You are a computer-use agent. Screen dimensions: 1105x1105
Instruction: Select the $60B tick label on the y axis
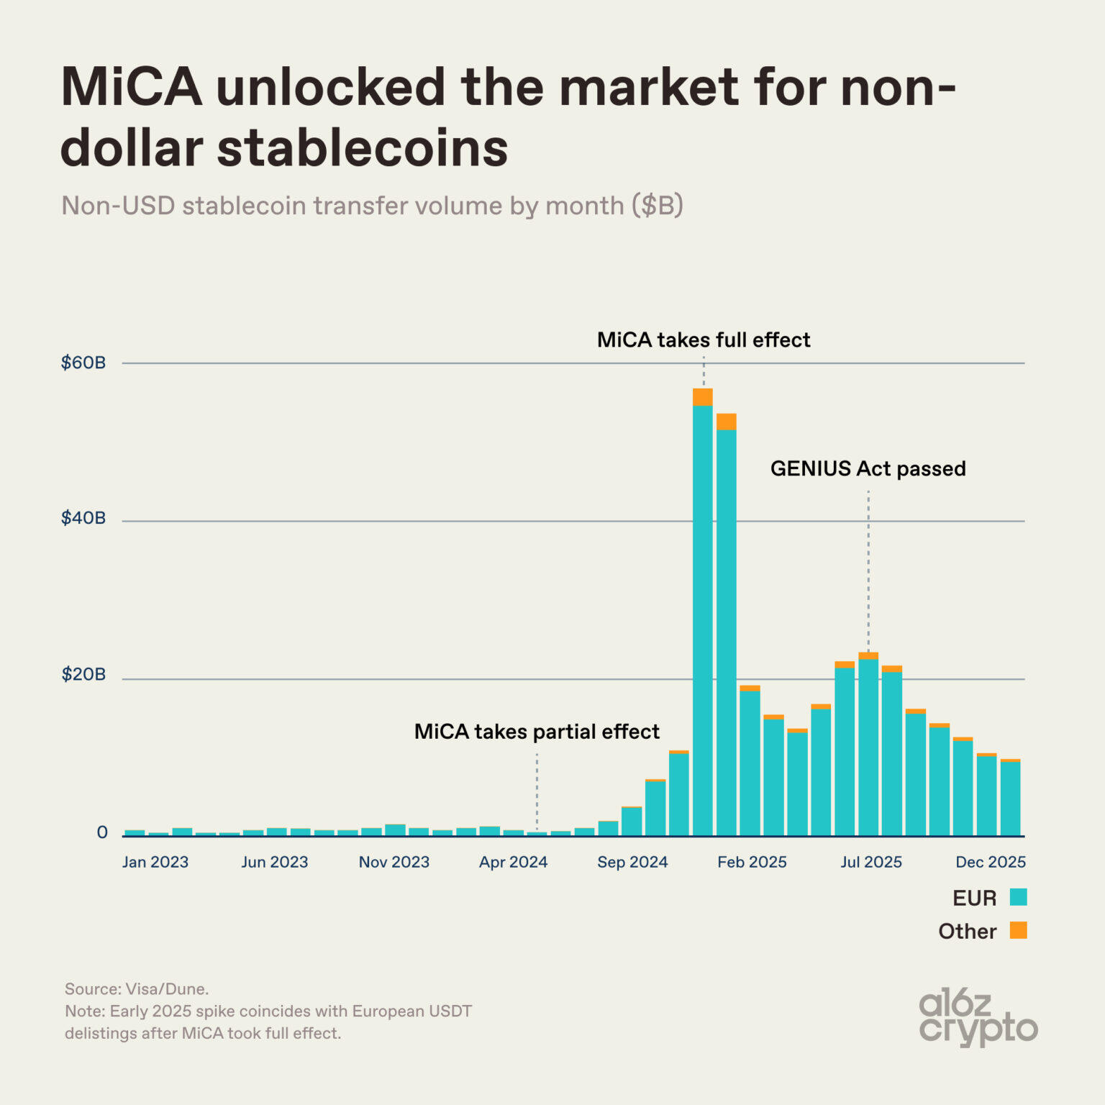click(83, 363)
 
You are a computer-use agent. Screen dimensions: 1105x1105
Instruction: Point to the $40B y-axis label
click(83, 518)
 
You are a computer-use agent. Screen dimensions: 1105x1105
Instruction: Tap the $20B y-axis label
click(83, 675)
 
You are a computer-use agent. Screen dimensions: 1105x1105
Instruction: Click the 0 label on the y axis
click(102, 832)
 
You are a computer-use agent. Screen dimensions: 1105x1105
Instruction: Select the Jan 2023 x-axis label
click(155, 862)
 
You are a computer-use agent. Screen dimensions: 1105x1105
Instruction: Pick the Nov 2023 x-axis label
click(394, 862)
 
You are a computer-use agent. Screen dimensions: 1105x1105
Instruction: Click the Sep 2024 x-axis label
click(632, 862)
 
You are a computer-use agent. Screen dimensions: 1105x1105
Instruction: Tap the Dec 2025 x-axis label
click(990, 862)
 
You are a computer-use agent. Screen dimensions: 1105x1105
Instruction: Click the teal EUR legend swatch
click(1018, 897)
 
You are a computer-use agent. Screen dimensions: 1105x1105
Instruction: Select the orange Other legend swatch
click(1018, 930)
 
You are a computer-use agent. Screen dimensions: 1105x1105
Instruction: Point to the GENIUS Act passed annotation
click(868, 469)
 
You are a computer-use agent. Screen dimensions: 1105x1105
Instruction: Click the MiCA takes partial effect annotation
click(537, 732)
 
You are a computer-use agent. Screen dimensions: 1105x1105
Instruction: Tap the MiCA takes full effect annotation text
click(704, 340)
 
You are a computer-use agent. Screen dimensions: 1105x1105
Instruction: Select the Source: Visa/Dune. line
click(137, 989)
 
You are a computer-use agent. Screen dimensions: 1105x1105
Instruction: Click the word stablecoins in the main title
click(363, 149)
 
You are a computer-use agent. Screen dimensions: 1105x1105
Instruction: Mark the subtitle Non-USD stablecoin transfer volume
click(372, 206)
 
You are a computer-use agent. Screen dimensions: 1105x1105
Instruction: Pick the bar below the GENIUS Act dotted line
click(868, 745)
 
